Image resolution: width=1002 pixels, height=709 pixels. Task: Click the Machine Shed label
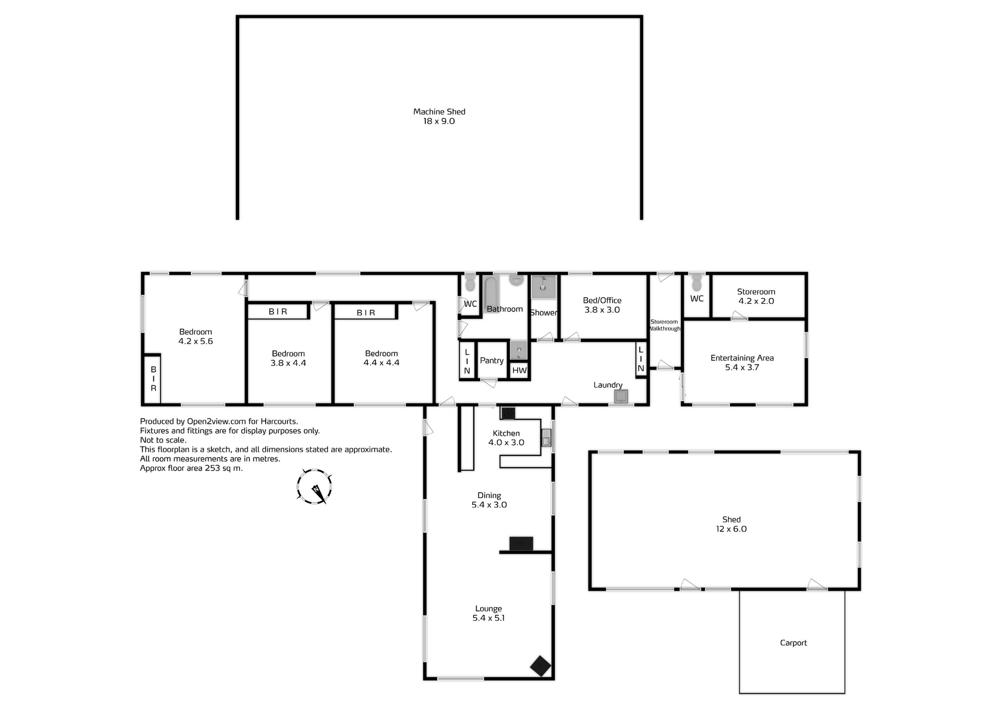pyautogui.click(x=439, y=112)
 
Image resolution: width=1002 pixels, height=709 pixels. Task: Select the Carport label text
pyautogui.click(x=793, y=643)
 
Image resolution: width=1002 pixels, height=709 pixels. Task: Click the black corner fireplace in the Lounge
pyautogui.click(x=540, y=666)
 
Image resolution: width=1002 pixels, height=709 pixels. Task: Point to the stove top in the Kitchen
pyautogui.click(x=508, y=413)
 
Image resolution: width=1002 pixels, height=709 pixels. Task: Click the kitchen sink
pyautogui.click(x=546, y=438)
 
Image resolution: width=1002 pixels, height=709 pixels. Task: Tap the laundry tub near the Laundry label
pyautogui.click(x=621, y=397)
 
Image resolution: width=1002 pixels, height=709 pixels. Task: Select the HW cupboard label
pyautogui.click(x=519, y=370)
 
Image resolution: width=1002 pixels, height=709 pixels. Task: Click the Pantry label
pyautogui.click(x=492, y=360)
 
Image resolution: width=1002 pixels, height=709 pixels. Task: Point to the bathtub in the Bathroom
pyautogui.click(x=491, y=293)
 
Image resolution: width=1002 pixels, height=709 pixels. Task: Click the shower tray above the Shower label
pyautogui.click(x=543, y=287)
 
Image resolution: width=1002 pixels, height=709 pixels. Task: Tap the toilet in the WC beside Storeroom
pyautogui.click(x=696, y=283)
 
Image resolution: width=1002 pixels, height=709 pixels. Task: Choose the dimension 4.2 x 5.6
pyautogui.click(x=196, y=341)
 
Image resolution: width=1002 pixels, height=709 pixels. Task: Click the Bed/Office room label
pyautogui.click(x=602, y=300)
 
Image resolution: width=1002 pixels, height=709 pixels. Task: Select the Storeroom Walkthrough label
pyautogui.click(x=664, y=325)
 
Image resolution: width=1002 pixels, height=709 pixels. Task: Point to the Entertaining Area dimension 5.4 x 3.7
pyautogui.click(x=742, y=368)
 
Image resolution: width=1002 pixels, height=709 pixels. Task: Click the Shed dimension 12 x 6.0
pyautogui.click(x=731, y=529)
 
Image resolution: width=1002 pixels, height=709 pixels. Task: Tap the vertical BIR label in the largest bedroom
pyautogui.click(x=153, y=379)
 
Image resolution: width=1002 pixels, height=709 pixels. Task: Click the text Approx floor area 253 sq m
pyautogui.click(x=191, y=468)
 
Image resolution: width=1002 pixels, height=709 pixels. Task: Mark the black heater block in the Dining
pyautogui.click(x=521, y=543)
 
